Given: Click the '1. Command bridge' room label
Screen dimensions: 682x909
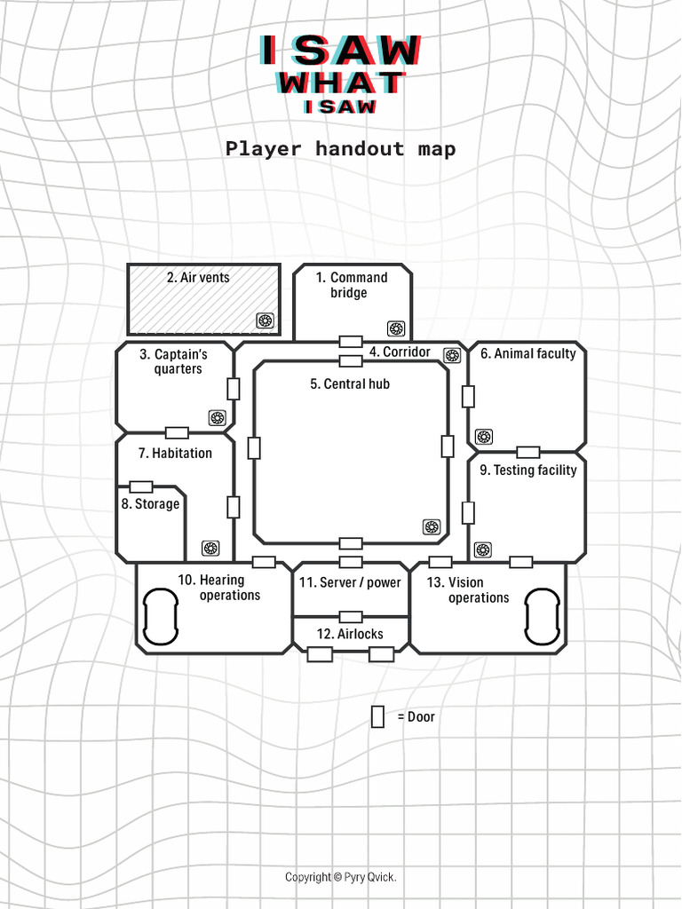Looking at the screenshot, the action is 352,285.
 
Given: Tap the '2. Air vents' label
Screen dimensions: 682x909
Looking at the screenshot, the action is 198,278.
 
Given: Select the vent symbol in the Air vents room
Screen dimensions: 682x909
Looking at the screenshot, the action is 265,320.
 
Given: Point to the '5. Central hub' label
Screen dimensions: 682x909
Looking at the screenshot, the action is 350,384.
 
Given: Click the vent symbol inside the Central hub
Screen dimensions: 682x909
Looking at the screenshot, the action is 432,527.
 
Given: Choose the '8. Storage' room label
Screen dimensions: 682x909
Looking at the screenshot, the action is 150,504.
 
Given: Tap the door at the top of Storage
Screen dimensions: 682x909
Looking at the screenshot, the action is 141,486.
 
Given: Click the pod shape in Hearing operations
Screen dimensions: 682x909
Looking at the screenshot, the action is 161,617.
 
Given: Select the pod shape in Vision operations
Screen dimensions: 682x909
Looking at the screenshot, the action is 542,617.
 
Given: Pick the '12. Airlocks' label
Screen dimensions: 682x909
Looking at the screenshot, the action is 350,634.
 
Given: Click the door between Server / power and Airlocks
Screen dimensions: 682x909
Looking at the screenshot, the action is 351,616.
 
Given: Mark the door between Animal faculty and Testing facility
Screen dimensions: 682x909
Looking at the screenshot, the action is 528,452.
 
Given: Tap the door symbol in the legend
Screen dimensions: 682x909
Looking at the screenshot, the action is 377,716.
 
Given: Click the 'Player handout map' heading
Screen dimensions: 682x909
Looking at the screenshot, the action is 340,148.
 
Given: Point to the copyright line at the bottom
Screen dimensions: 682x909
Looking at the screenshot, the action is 340,877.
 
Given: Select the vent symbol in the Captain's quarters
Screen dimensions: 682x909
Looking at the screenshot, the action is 217,417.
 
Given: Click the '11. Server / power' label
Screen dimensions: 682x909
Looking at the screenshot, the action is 350,583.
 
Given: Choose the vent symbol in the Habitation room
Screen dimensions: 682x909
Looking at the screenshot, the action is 210,549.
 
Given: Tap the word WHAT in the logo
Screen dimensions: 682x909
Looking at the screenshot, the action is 340,83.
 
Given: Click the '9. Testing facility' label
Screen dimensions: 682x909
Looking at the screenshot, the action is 527,470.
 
